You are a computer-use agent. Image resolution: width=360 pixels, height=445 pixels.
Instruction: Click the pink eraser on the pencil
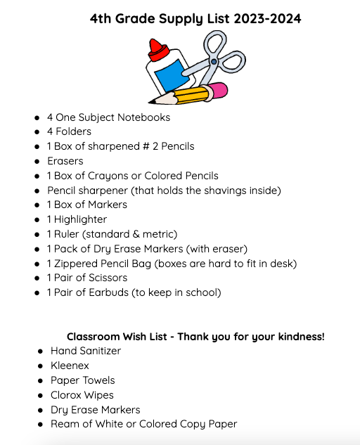218,91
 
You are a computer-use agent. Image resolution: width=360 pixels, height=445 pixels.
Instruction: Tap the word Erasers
65,161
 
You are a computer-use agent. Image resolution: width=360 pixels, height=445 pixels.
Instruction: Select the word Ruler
67,234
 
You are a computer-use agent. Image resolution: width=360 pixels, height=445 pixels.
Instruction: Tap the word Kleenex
70,366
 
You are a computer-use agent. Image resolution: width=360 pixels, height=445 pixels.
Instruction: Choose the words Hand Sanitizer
86,351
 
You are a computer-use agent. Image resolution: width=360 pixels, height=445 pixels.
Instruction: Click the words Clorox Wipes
82,395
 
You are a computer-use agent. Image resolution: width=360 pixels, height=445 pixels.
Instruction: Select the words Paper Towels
83,380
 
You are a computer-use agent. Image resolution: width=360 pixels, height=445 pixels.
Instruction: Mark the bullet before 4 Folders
37,132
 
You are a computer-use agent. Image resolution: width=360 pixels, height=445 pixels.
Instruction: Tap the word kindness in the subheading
298,337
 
